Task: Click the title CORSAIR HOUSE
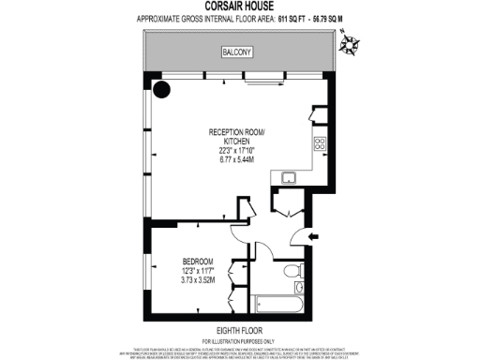(x=239, y=7)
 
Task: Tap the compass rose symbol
(x=349, y=41)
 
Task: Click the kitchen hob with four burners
(x=319, y=144)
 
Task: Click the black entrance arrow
(x=313, y=236)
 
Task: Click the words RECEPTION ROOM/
(x=237, y=131)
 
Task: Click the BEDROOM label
(x=198, y=260)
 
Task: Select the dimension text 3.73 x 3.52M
(x=198, y=279)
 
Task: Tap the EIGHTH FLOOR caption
(x=239, y=329)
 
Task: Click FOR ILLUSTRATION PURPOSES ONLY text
(x=239, y=339)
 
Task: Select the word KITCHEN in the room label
(x=237, y=141)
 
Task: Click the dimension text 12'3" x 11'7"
(x=198, y=270)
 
